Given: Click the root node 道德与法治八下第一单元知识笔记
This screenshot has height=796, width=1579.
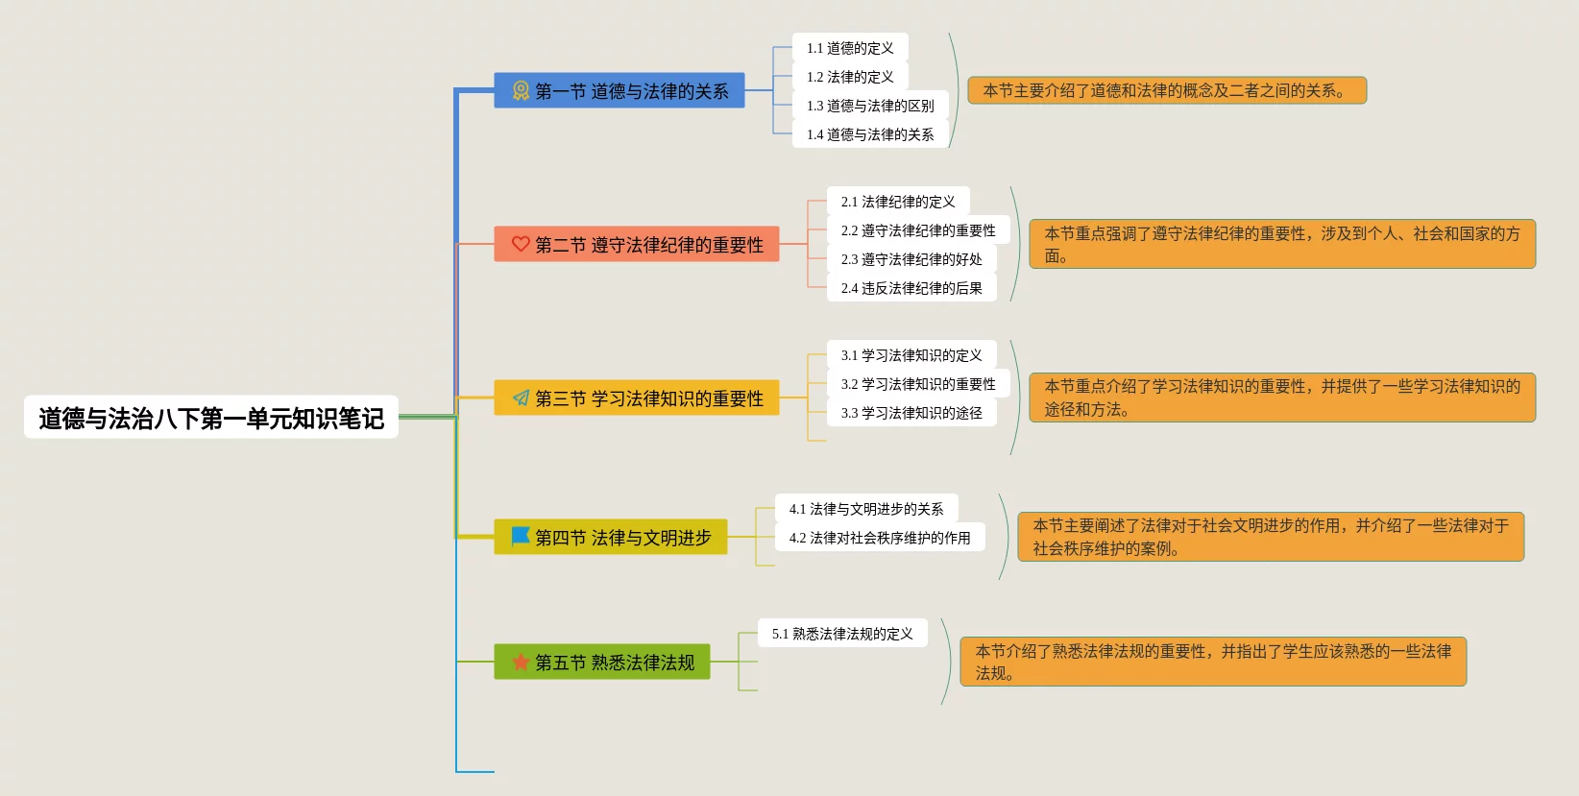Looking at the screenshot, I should [x=210, y=418].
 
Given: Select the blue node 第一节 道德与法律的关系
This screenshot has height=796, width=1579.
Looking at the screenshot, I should [x=619, y=90].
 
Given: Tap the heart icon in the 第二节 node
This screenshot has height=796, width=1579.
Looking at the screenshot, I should [x=521, y=244].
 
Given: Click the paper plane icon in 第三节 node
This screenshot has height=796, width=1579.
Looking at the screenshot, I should [x=521, y=398].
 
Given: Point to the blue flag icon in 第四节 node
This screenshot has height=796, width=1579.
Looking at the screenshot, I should [x=521, y=536].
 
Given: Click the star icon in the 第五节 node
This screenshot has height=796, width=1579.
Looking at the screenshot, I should [x=521, y=662].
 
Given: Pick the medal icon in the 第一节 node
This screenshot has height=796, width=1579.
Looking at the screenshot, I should [x=521, y=90].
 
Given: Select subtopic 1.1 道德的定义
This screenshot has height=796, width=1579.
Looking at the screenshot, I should [x=850, y=48].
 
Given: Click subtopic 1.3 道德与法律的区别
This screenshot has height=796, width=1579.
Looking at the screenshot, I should [x=870, y=106].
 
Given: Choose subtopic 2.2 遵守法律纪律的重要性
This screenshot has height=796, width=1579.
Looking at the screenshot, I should [x=918, y=230].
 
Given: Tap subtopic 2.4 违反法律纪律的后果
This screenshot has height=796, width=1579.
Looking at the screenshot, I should [x=911, y=288].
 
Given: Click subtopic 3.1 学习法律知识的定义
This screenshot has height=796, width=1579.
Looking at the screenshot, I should [x=911, y=355].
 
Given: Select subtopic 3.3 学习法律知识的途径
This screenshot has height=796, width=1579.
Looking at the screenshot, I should [x=911, y=413].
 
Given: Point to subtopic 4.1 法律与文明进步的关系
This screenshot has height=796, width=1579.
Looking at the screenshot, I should [x=866, y=509].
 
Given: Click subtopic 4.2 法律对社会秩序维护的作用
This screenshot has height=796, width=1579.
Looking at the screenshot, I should [x=880, y=538].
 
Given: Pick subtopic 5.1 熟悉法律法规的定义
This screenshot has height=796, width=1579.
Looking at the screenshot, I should [x=842, y=634].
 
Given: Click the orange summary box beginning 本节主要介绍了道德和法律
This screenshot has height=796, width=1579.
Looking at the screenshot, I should [x=1166, y=90].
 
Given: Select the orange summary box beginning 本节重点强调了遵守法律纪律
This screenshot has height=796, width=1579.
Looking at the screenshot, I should [x=1282, y=244].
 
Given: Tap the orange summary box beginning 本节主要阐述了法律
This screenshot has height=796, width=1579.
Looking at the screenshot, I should [x=1271, y=537].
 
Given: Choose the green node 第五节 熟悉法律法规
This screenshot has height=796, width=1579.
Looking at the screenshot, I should [x=602, y=662].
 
